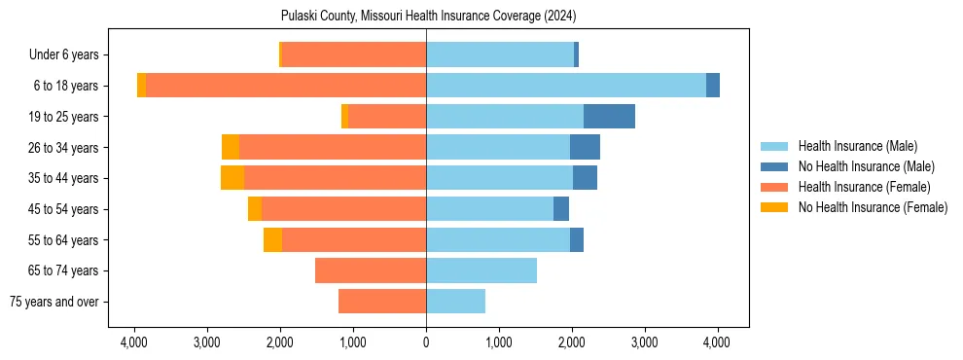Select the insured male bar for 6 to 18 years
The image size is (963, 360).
click(x=565, y=86)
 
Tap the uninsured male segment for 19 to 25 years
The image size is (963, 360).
click(x=609, y=117)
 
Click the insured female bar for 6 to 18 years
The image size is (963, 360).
click(x=286, y=86)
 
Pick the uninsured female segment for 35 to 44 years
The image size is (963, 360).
click(x=232, y=178)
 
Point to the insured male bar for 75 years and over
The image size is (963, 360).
click(x=455, y=302)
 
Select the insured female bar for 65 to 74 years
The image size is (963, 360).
click(x=371, y=270)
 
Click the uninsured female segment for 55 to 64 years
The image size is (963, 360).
click(x=272, y=240)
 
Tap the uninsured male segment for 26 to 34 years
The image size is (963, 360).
click(x=585, y=148)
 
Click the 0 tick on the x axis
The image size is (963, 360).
click(x=426, y=342)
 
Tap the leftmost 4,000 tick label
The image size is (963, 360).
click(x=134, y=342)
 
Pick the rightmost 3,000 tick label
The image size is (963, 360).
click(x=644, y=342)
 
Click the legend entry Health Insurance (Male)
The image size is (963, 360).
click(x=857, y=146)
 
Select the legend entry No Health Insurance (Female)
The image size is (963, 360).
click(x=873, y=207)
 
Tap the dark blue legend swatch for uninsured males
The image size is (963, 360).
click(x=775, y=166)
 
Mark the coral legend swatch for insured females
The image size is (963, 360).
click(x=775, y=187)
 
